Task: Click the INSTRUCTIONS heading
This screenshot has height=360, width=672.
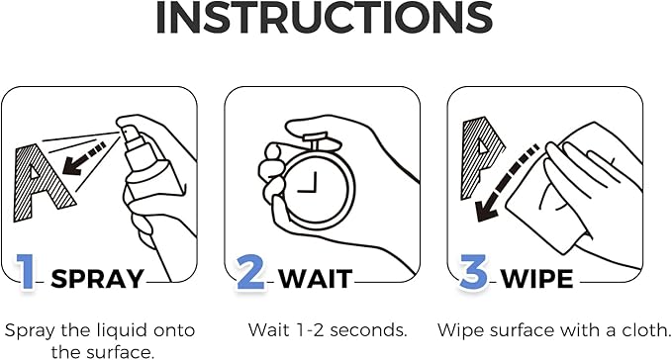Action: [324, 18]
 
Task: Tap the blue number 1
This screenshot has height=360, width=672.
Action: [26, 272]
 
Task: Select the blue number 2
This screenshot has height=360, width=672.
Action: [250, 271]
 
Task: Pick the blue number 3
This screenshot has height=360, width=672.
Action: [474, 271]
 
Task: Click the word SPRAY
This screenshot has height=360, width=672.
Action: [97, 279]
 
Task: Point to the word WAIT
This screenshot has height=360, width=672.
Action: [316, 279]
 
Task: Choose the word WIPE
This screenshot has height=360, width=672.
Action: [537, 279]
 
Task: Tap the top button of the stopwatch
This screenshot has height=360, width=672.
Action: [317, 142]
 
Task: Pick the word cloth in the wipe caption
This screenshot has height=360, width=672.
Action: [645, 330]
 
